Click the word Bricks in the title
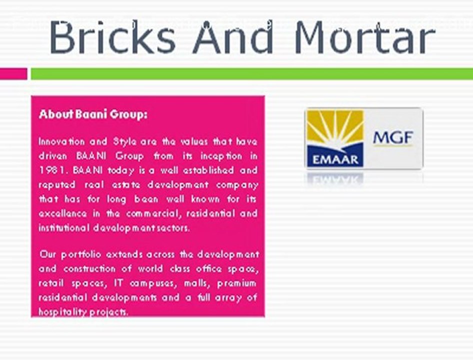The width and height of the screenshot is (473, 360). (112, 37)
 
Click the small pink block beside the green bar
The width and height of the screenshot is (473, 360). (13, 73)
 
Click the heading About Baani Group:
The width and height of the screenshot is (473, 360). (93, 114)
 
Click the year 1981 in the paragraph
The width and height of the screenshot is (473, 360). (52, 170)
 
